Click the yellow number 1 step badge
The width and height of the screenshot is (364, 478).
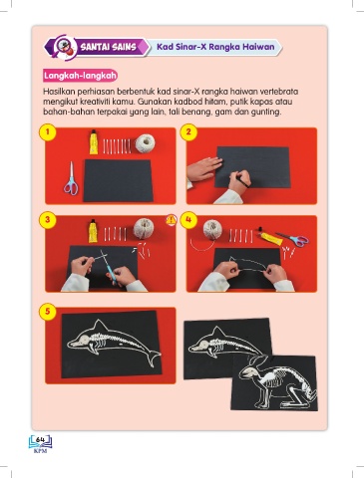point(48,132)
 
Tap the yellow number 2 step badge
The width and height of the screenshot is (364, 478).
point(188,132)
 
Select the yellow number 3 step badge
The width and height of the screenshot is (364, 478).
point(48,220)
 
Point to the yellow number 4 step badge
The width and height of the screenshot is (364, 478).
point(188,220)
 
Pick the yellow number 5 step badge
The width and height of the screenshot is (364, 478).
point(48,312)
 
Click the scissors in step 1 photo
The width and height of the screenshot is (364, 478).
point(71,178)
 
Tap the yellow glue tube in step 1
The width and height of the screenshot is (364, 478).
point(94,141)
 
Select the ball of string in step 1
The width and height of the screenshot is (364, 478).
point(145,143)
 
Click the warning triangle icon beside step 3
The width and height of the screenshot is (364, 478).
point(171,220)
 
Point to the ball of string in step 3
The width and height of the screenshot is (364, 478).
point(144,228)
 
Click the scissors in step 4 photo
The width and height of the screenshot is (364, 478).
point(293,239)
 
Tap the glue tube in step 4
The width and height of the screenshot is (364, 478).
point(270,237)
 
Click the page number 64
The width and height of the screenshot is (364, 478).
point(40,439)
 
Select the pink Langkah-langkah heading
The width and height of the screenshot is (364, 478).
point(80,76)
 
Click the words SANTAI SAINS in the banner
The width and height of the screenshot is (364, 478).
point(109,47)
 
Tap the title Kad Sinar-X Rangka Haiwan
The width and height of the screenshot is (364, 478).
point(215,47)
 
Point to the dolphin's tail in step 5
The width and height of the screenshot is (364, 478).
point(153,358)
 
